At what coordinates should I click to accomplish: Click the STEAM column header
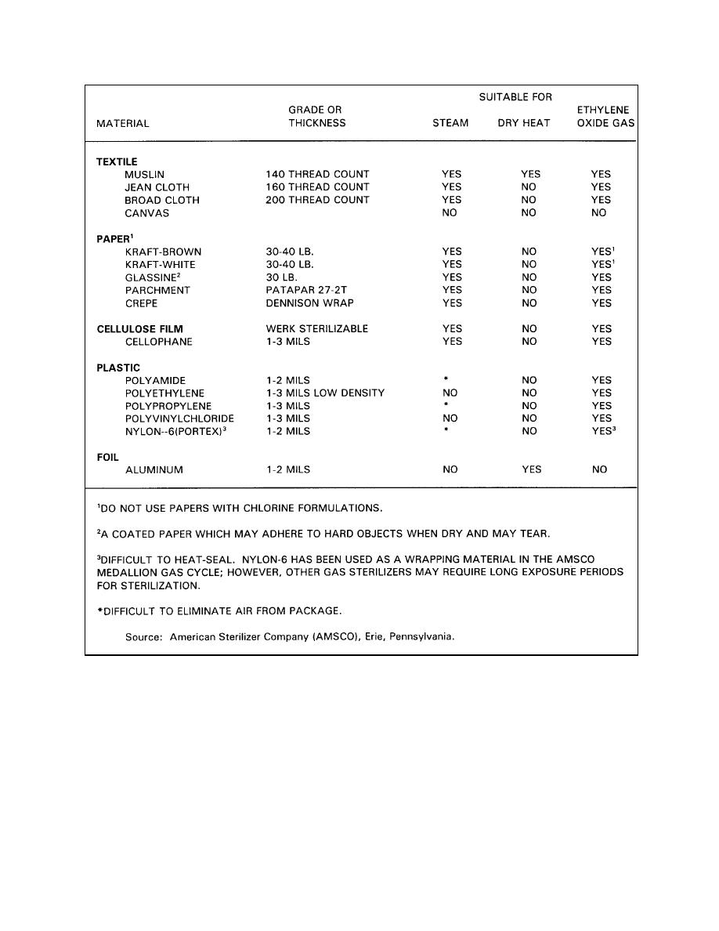point(450,123)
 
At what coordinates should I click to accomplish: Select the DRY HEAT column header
point(524,123)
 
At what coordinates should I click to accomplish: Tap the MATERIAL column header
point(122,123)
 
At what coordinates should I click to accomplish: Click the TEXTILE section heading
point(117,161)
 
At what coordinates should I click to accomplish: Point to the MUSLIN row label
point(145,174)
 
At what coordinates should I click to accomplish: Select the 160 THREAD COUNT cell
point(317,187)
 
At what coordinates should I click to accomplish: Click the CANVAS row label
point(146,213)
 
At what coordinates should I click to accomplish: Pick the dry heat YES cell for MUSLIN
point(530,174)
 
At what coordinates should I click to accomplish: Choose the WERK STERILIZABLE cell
point(316,329)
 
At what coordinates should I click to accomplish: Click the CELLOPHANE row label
point(158,342)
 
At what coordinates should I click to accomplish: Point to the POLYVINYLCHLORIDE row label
point(179,418)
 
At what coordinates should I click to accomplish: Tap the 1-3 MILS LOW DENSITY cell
point(325,393)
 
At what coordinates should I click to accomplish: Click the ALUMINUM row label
point(154,470)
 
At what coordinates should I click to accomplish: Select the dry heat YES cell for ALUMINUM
point(530,470)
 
